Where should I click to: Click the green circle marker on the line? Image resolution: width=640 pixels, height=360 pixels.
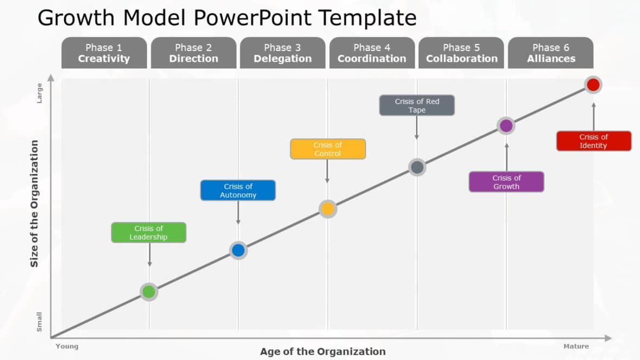149,292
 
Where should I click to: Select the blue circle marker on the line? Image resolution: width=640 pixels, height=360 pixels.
238,250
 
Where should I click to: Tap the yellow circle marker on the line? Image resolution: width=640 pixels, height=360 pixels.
328,209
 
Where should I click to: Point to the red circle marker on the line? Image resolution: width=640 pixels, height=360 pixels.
593,85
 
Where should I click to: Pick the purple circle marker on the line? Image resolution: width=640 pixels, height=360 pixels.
505,126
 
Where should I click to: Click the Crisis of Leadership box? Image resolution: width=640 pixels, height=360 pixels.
149,233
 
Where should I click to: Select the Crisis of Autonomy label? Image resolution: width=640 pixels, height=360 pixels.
238,190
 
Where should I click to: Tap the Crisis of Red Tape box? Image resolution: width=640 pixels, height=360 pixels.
417,105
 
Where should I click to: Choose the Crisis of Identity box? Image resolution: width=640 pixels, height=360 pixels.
593,141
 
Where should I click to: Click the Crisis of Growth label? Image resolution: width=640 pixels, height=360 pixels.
506,182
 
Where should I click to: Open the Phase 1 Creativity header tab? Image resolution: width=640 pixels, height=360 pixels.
104,53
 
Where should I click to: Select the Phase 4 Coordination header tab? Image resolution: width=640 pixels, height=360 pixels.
372,53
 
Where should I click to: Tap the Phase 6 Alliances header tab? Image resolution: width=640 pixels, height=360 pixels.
551,53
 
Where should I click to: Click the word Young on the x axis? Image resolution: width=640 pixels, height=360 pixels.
67,346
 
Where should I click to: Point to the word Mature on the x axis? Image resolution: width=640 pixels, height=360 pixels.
575,346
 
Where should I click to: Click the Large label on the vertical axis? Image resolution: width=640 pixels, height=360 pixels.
39,93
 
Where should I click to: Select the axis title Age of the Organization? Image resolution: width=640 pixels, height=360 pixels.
323,351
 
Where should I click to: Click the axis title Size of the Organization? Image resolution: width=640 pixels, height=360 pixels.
35,203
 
